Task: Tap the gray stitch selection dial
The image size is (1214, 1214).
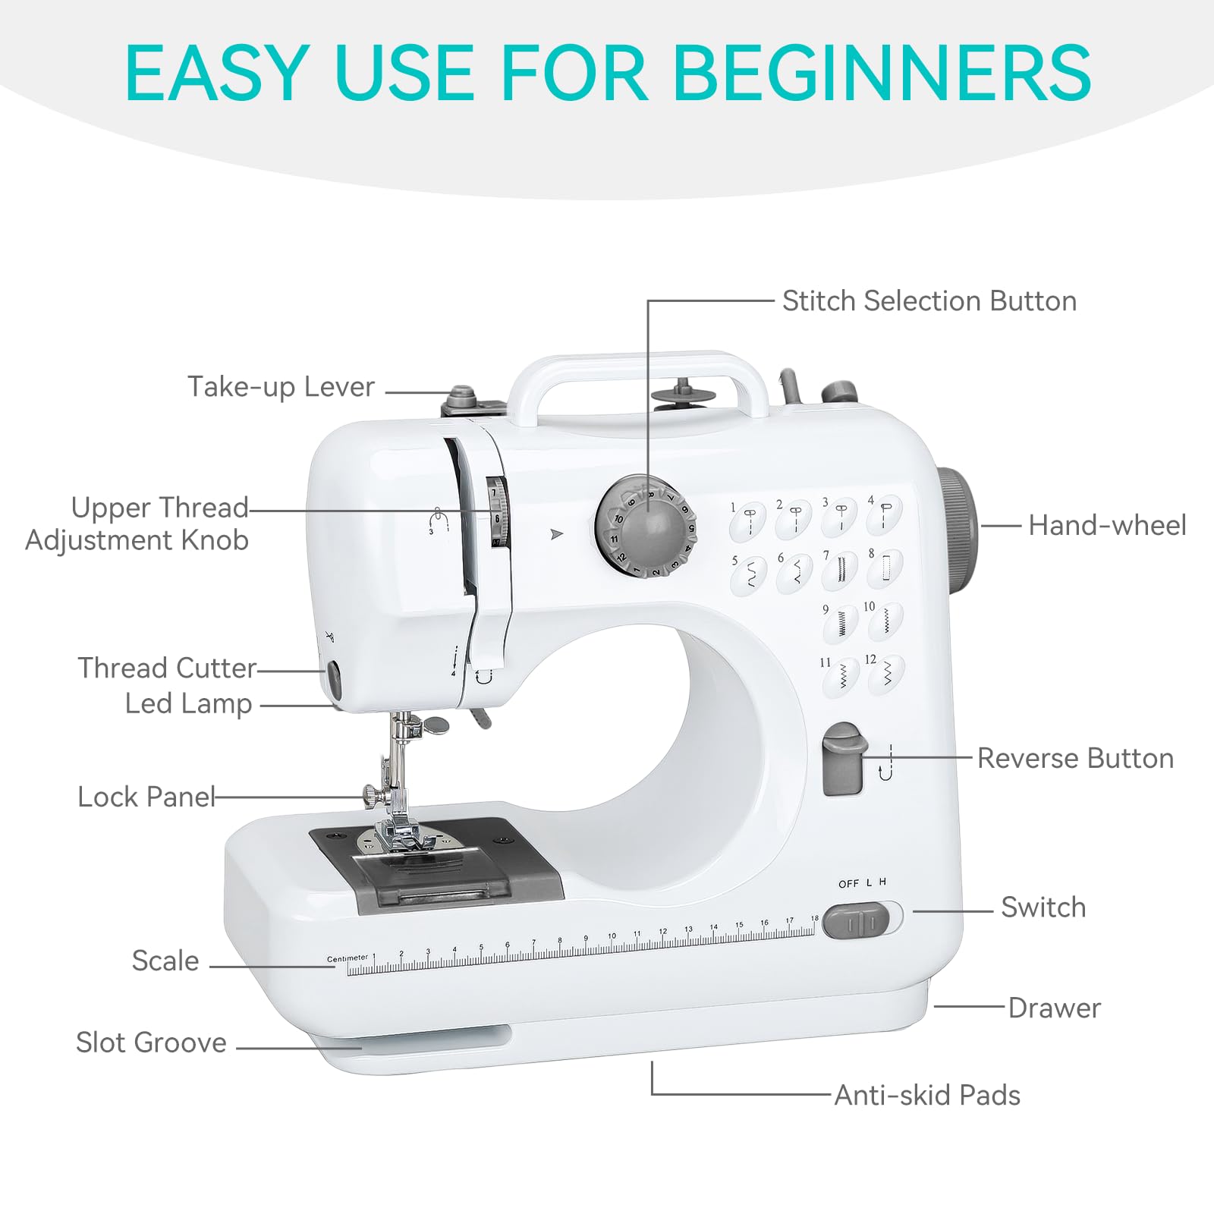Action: click(646, 527)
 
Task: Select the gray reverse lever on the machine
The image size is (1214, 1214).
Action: click(842, 759)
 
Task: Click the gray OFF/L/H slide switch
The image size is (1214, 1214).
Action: click(856, 921)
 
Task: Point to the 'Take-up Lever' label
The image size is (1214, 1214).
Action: click(281, 387)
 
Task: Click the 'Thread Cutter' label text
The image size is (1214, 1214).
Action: click(167, 668)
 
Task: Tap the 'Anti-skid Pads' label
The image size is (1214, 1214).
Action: click(927, 1096)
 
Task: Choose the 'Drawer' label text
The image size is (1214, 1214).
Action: click(1054, 1008)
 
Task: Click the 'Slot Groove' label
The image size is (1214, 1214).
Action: click(151, 1043)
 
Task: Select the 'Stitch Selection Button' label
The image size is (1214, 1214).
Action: click(929, 301)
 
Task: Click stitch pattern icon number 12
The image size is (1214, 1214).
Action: click(885, 674)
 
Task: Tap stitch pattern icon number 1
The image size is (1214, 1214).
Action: click(749, 520)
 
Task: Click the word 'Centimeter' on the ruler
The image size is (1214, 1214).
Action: click(347, 958)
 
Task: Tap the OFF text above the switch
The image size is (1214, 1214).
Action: click(848, 884)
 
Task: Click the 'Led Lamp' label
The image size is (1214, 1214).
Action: click(188, 704)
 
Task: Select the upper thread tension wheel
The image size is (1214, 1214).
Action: click(497, 512)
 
